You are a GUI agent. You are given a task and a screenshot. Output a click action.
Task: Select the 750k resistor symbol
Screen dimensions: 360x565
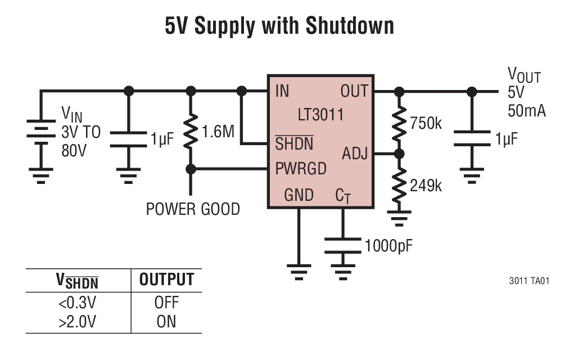(x=399, y=123)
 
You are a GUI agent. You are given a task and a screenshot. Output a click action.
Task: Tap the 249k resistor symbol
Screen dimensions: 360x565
(x=399, y=185)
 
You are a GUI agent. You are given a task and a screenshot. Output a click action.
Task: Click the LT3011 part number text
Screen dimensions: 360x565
(x=320, y=115)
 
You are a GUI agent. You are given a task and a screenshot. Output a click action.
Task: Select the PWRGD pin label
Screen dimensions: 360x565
(x=301, y=168)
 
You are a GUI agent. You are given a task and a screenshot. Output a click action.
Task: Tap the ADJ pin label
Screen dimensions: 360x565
(x=355, y=153)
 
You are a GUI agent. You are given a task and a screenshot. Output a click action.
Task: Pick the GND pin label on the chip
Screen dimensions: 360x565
(x=299, y=195)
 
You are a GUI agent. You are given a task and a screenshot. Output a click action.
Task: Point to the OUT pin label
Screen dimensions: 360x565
(x=354, y=91)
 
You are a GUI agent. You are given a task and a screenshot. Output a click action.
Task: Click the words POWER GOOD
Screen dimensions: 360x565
(x=193, y=209)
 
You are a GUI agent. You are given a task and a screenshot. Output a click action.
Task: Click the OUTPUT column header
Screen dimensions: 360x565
(x=166, y=280)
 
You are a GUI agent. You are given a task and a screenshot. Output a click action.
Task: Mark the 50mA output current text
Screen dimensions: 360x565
(x=526, y=110)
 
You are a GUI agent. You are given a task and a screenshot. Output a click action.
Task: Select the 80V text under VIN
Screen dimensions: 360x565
(x=74, y=151)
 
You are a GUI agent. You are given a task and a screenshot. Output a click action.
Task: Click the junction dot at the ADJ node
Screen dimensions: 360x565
(x=399, y=153)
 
